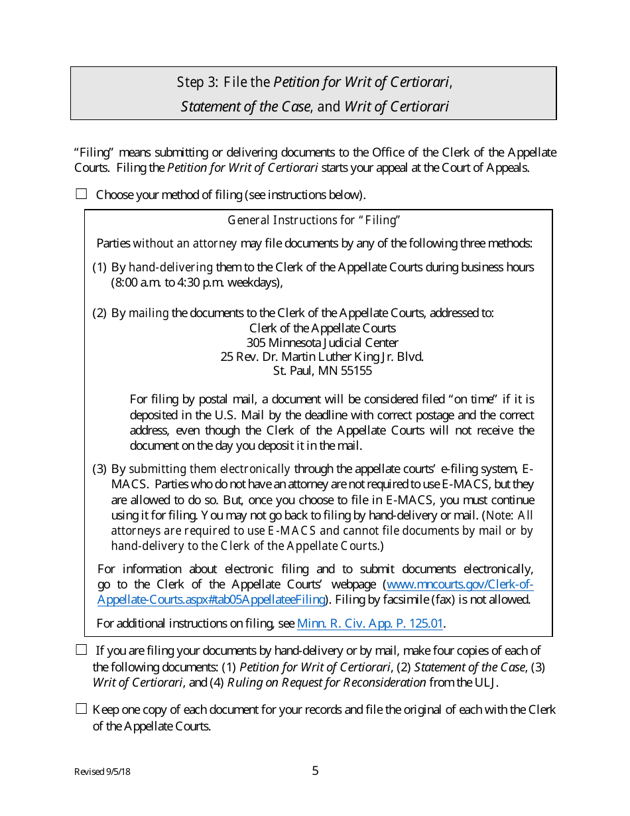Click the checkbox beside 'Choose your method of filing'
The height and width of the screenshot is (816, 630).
[82, 194]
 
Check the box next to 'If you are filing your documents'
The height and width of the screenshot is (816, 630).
[82, 649]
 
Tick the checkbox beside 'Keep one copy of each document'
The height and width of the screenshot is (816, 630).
[82, 709]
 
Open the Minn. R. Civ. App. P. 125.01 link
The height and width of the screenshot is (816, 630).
[370, 623]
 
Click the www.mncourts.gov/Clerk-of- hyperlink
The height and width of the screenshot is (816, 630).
[459, 584]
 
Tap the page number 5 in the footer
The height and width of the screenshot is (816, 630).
[315, 770]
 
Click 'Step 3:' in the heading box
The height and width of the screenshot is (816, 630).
[197, 82]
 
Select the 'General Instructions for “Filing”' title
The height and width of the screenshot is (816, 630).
[314, 220]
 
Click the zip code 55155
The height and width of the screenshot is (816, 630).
[355, 371]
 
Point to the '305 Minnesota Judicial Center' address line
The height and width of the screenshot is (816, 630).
[322, 342]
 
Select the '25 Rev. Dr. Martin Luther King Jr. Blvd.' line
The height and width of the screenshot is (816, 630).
[322, 356]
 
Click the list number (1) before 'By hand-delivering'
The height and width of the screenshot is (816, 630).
[99, 267]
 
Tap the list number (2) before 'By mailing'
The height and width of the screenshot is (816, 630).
[99, 313]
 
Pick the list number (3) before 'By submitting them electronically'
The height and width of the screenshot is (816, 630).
[99, 469]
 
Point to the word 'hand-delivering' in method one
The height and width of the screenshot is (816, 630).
[170, 267]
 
